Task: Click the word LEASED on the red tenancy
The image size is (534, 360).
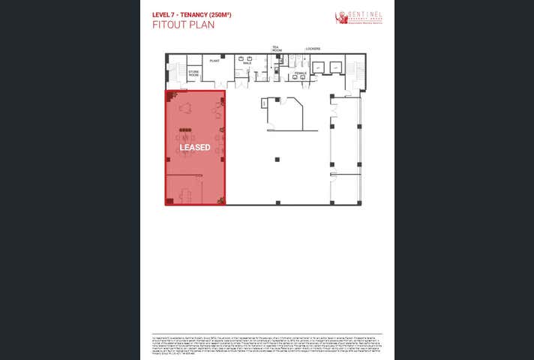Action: point(195,148)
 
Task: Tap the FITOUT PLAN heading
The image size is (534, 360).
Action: point(183,25)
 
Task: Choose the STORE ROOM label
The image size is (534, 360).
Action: point(193,73)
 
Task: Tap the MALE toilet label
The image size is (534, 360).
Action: point(247,63)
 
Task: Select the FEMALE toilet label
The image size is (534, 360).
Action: point(301,73)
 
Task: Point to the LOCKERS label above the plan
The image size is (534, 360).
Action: point(313,49)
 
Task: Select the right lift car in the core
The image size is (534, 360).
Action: point(334,67)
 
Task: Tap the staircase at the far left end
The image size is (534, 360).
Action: point(173,73)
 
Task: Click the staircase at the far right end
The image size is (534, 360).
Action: point(359,73)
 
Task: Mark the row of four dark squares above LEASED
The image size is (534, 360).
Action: point(184,131)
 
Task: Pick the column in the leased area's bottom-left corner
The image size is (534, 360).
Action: point(169,201)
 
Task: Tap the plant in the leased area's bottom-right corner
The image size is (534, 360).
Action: point(221,200)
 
